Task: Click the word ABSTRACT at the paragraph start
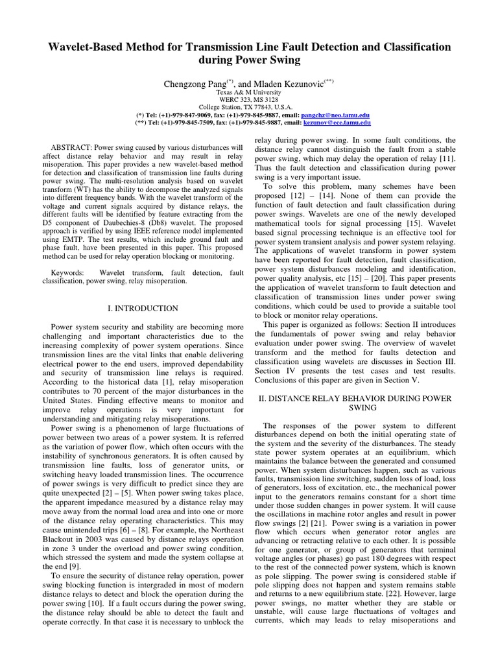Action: click(x=71, y=148)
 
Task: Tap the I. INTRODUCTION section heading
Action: click(x=137, y=309)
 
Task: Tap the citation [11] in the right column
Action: click(x=448, y=159)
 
